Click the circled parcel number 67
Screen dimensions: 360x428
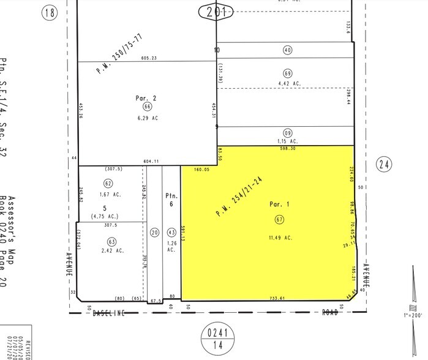coord(279,219)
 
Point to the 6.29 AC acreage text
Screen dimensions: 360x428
coord(148,118)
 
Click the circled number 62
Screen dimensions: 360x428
coord(108,183)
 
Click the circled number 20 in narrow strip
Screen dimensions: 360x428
coord(154,233)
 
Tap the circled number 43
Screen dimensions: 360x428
coord(171,233)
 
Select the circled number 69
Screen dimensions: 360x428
coord(287,73)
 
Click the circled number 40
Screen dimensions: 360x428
coord(287,50)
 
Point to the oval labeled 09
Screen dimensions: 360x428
coord(287,132)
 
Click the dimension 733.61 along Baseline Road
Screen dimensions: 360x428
coord(277,298)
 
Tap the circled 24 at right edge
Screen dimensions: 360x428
coord(384,163)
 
